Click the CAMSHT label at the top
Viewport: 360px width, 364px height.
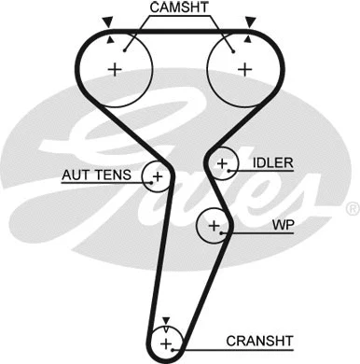(179, 8)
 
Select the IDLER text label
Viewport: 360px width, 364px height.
(272, 163)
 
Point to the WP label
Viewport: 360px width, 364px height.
(283, 226)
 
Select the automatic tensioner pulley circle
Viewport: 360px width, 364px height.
(157, 175)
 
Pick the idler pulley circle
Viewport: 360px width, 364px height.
(222, 165)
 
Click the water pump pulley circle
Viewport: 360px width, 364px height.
(214, 226)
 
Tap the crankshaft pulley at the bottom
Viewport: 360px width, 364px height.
(165, 343)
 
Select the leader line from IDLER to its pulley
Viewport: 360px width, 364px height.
(243, 164)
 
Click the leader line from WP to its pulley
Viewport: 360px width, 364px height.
(250, 226)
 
